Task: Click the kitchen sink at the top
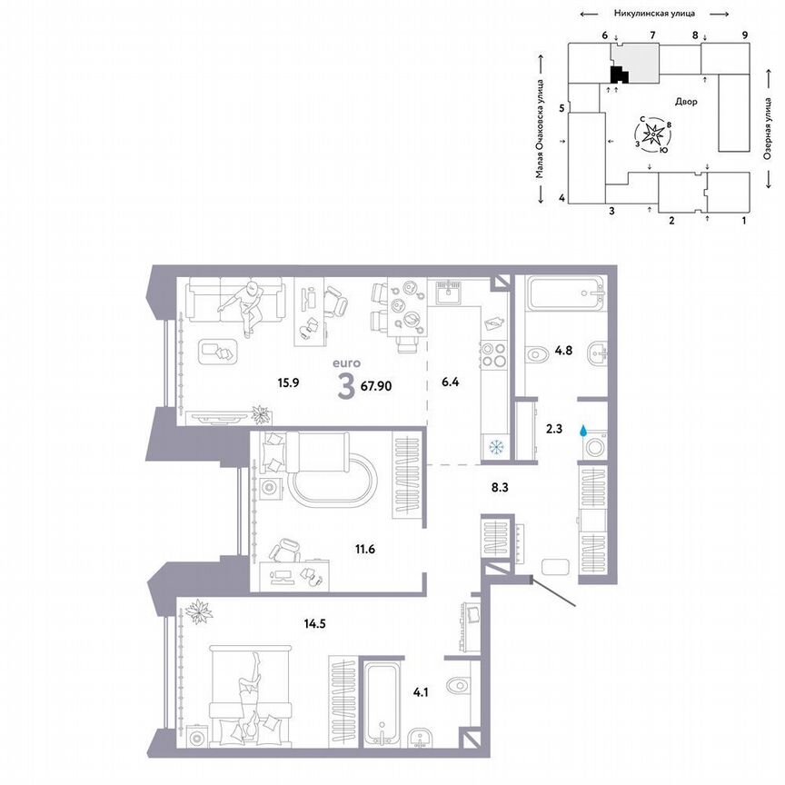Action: click(x=446, y=292)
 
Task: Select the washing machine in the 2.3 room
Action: click(x=595, y=449)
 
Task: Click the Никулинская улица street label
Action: click(x=655, y=14)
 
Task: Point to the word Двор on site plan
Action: click(x=686, y=102)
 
